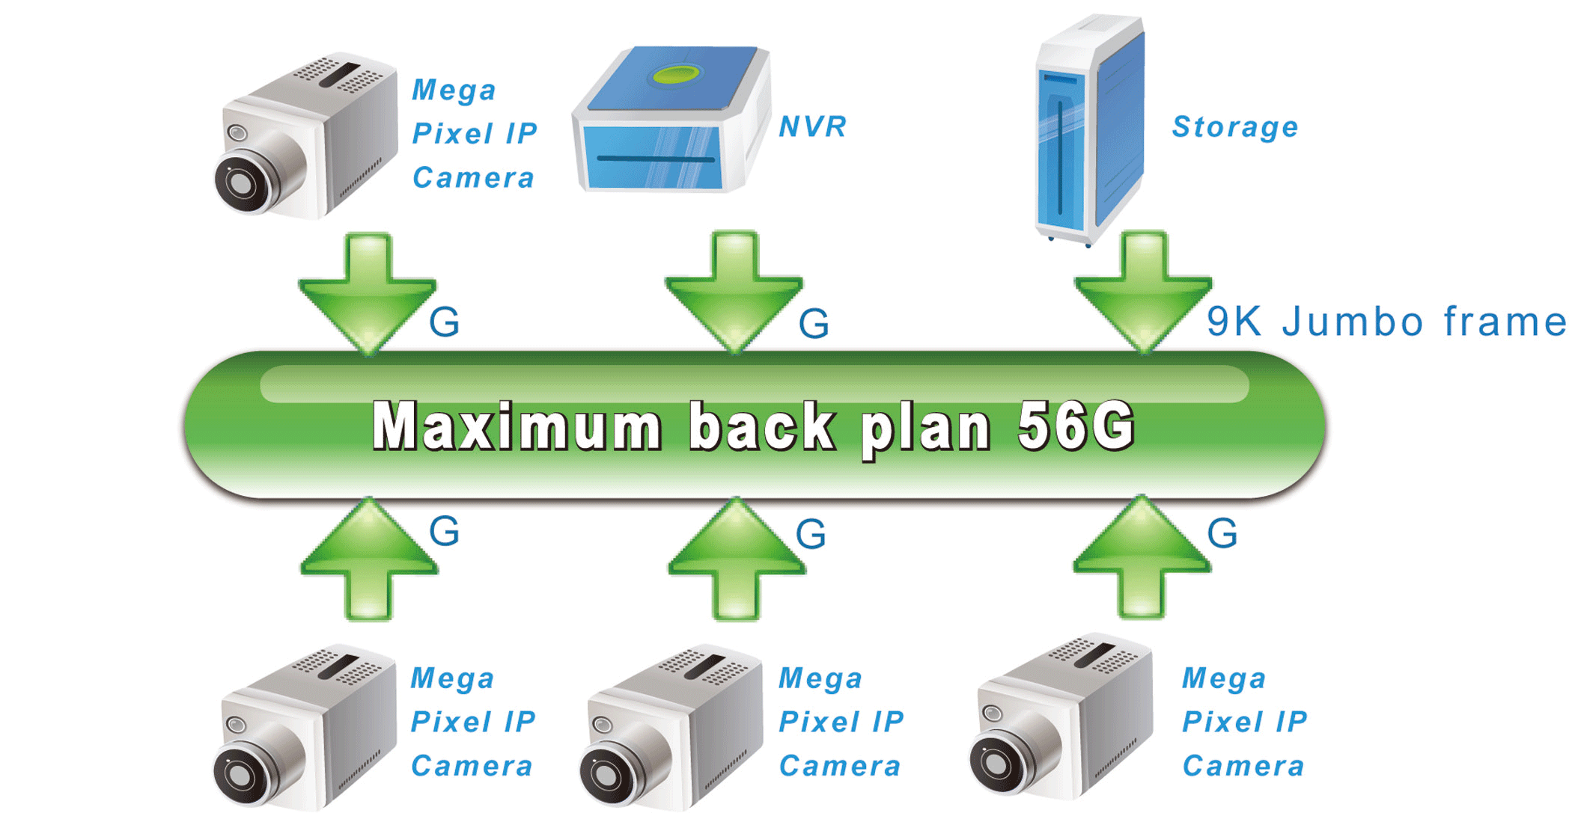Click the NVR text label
[812, 126]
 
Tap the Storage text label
[1234, 127]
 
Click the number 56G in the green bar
[1076, 426]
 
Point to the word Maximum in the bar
[517, 426]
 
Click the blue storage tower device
[1090, 131]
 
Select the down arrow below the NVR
[734, 292]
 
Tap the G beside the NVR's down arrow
[814, 324]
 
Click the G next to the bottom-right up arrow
[1222, 534]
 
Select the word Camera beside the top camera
[473, 178]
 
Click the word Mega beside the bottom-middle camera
[820, 679]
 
